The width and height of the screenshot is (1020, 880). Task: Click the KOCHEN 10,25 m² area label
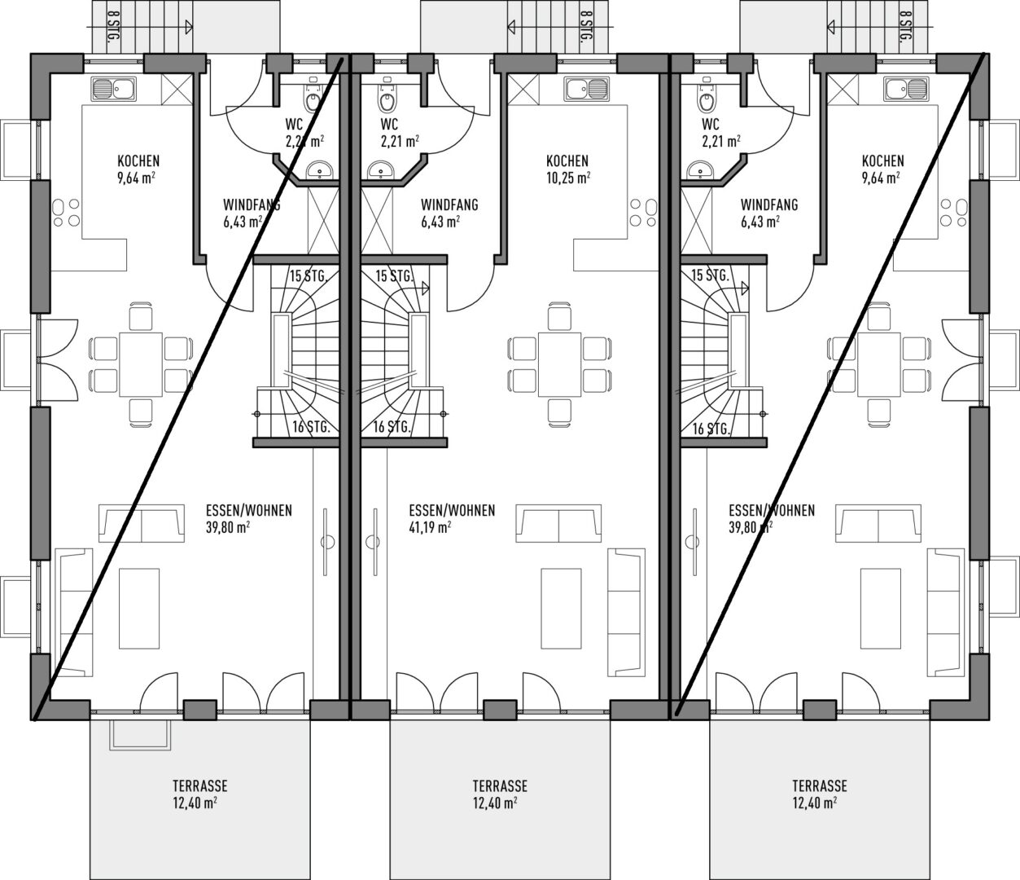pos(567,169)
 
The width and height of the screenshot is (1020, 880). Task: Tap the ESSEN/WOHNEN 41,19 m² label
pos(452,518)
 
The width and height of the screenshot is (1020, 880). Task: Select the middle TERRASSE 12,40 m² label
pos(500,794)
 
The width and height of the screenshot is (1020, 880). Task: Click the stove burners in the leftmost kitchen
pos(66,213)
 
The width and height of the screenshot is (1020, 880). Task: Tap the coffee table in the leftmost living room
pos(139,608)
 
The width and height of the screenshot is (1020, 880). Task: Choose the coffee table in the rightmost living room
pos(881,608)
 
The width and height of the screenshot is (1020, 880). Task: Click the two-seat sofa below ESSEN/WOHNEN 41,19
pos(558,523)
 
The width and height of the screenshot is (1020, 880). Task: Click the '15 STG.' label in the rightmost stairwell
pos(710,275)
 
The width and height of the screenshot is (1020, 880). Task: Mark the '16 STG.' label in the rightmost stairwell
pos(711,429)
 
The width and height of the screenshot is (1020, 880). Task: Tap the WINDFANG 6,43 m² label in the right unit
pos(768,213)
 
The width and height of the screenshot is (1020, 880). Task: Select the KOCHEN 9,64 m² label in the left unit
pos(138,169)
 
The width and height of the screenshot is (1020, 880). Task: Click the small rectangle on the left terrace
pos(141,735)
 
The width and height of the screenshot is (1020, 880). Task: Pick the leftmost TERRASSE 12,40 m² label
pos(200,794)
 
